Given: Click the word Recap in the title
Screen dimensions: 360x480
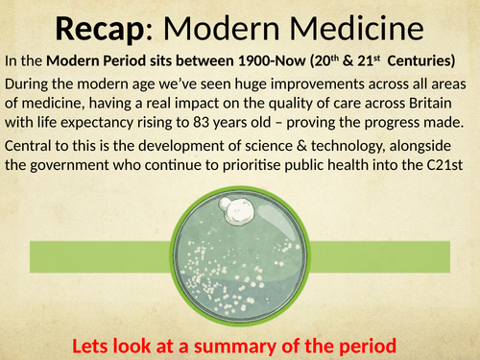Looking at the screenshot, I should click(x=106, y=28).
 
